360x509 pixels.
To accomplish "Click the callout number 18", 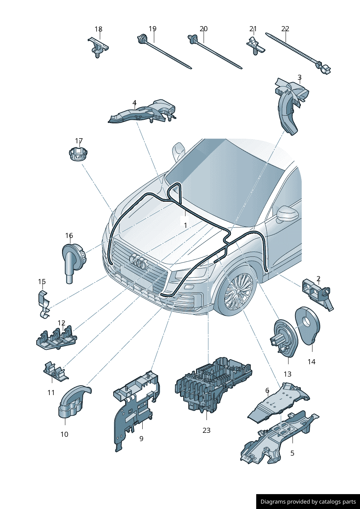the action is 98,29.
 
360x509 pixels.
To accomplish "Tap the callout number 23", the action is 206,430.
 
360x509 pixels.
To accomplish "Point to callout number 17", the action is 79,141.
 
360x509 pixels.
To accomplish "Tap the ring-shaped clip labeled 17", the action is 78,153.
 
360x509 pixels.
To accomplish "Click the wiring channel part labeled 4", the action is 142,111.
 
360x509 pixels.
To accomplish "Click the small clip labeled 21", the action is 255,46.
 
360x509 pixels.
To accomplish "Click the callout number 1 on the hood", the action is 185,225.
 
